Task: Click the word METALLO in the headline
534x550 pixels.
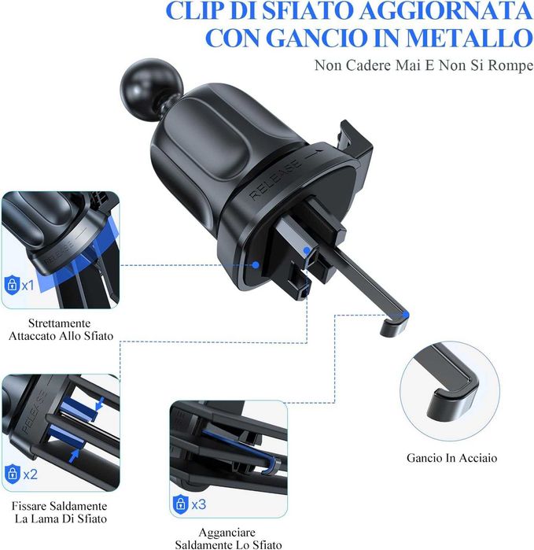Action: point(470,38)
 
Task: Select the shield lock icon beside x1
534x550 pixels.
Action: point(12,285)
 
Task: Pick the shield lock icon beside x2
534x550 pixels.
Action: point(13,474)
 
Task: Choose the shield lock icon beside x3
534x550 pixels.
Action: point(181,504)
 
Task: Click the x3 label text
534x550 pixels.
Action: point(199,504)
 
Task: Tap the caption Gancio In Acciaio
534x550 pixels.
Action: point(451,458)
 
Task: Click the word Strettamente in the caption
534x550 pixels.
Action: point(59,323)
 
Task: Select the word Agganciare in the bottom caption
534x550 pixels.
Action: point(226,533)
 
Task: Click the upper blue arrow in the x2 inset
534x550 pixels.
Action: point(101,404)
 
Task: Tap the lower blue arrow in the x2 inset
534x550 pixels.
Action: point(74,456)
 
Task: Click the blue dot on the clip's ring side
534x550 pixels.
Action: point(256,265)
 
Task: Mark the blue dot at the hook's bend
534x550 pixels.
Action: point(406,315)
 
